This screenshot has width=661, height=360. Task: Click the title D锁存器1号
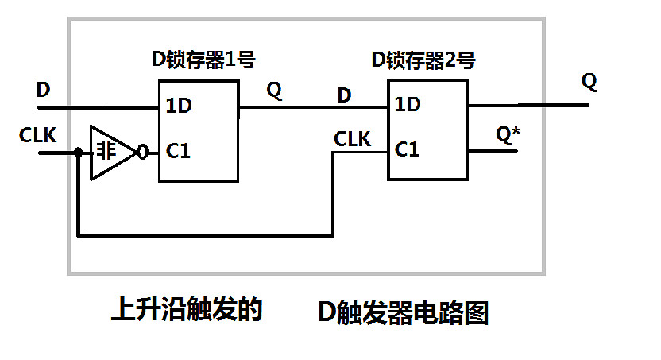pyautogui.click(x=203, y=59)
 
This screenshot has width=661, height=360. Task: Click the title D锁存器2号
pyautogui.click(x=423, y=59)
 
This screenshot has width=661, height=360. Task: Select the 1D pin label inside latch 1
pyautogui.click(x=178, y=105)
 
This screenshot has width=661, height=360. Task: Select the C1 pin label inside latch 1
pyautogui.click(x=178, y=150)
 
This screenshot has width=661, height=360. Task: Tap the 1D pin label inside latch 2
pyautogui.click(x=408, y=104)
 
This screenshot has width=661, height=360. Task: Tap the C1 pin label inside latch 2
pyautogui.click(x=408, y=148)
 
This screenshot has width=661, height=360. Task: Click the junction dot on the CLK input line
pyautogui.click(x=78, y=152)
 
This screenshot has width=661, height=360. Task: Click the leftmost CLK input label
pyautogui.click(x=37, y=136)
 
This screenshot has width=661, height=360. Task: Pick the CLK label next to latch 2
pyautogui.click(x=352, y=139)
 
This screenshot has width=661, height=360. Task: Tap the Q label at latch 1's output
pyautogui.click(x=273, y=91)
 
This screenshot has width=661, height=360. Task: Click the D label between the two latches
pyautogui.click(x=344, y=95)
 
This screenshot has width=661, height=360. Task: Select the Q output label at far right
pyautogui.click(x=589, y=81)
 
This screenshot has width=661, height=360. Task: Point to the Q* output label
pyautogui.click(x=508, y=135)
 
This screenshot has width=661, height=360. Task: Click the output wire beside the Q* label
pyautogui.click(x=493, y=151)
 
